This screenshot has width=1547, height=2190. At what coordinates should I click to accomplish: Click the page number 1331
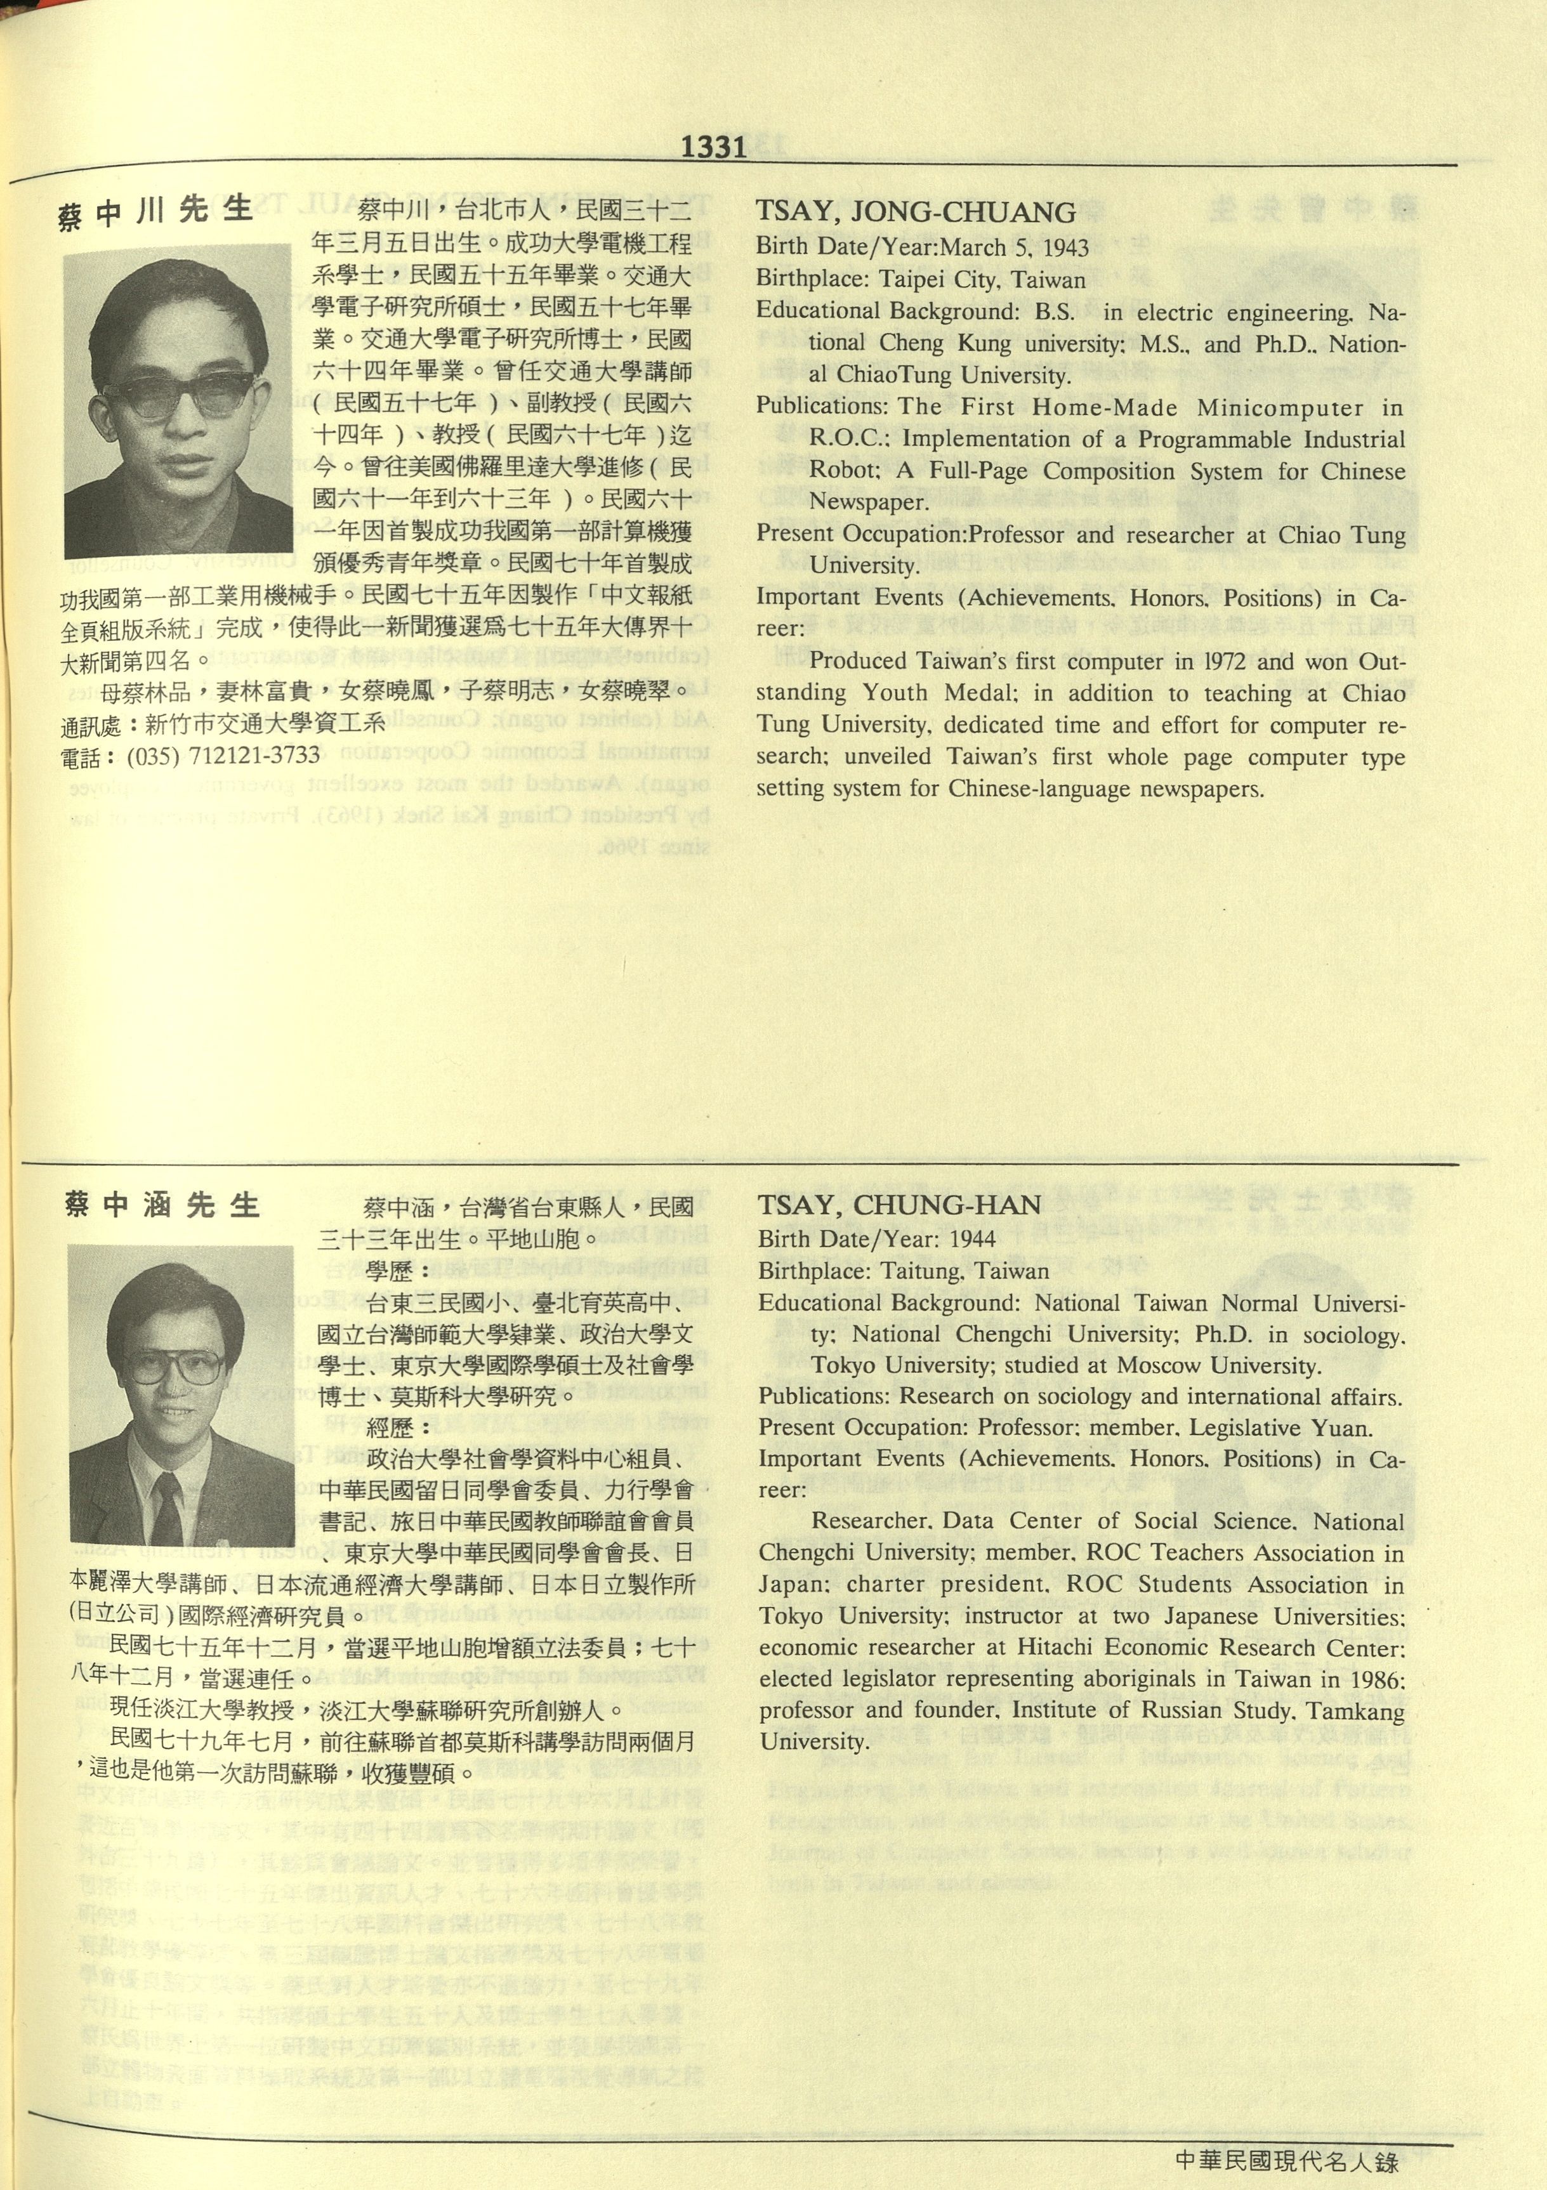(x=713, y=147)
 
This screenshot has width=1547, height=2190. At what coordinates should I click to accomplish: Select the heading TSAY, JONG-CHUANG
(x=916, y=212)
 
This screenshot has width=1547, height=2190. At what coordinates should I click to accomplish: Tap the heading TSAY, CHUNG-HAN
(x=899, y=1205)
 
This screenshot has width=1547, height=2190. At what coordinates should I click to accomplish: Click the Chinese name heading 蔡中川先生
(x=155, y=212)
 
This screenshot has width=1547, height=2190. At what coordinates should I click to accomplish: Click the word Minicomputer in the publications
(x=1280, y=408)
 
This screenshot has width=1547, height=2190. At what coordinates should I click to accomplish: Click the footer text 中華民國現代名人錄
(x=1287, y=2160)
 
